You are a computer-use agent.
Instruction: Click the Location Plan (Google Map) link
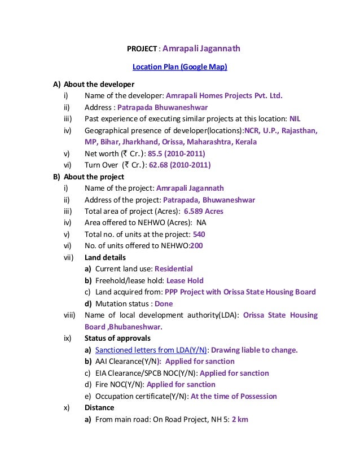pyautogui.click(x=179, y=67)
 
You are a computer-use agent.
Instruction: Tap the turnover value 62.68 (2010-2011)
pyautogui.click(x=179, y=165)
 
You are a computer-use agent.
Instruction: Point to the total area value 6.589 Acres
pyautogui.click(x=203, y=211)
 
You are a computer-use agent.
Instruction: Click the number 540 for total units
pyautogui.click(x=199, y=234)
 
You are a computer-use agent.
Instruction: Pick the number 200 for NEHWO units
pyautogui.click(x=196, y=245)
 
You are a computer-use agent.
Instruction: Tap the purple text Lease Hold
pyautogui.click(x=186, y=280)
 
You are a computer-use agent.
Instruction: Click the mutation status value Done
pyautogui.click(x=164, y=304)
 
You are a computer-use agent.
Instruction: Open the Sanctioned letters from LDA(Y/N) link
pyautogui.click(x=152, y=350)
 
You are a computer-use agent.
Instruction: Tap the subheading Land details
pyautogui.click(x=105, y=257)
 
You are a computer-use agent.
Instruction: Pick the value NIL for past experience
pyautogui.click(x=295, y=119)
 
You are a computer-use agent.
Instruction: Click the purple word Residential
pyautogui.click(x=173, y=269)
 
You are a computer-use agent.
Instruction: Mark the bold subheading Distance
pyautogui.click(x=99, y=407)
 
